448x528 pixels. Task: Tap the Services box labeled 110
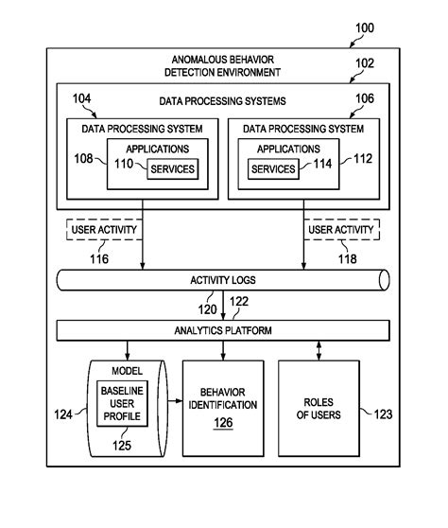171,169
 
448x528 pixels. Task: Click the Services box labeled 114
272,169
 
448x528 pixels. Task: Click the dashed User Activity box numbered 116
104,230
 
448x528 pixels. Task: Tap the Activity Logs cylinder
223,280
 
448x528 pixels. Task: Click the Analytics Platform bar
223,330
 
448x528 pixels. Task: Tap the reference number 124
62,414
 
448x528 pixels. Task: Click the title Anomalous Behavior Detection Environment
223,65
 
